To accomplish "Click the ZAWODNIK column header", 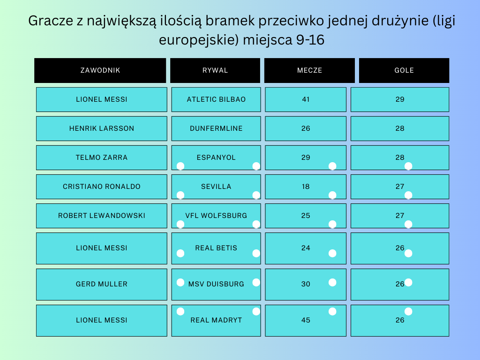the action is (x=100, y=70).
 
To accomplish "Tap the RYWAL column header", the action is (x=215, y=70).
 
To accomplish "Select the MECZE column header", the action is (x=309, y=70).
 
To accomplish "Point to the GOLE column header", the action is (x=404, y=70).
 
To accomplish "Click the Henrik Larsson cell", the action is (x=102, y=128).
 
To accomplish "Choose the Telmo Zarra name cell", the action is (x=102, y=157).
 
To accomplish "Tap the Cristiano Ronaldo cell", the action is (x=102, y=187).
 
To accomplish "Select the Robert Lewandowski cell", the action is (x=102, y=216).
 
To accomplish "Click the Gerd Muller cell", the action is (x=102, y=285).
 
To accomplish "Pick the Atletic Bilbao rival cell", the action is (x=216, y=99).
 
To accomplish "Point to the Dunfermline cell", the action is (x=216, y=128).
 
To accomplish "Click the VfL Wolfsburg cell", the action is (x=216, y=216).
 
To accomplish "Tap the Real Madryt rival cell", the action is (x=216, y=321).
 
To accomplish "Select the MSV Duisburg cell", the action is (x=216, y=285).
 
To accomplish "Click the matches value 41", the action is (x=306, y=99).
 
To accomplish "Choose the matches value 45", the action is (x=306, y=321).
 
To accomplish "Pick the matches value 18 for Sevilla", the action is (x=306, y=187).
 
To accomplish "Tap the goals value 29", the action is (x=400, y=99).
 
